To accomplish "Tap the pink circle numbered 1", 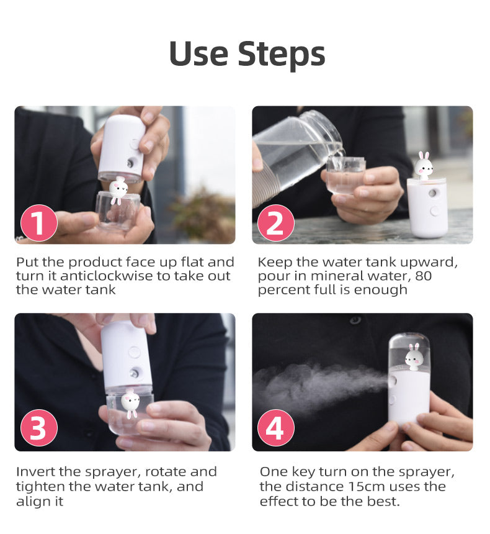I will (38, 223).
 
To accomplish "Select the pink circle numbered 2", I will (275, 223).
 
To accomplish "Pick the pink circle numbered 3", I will (38, 429).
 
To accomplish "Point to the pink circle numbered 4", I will (275, 429).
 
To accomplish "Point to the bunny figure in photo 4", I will (414, 359).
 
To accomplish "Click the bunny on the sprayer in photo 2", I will (424, 166).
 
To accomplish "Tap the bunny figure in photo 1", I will (118, 189).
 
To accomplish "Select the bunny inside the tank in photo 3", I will (130, 403).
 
